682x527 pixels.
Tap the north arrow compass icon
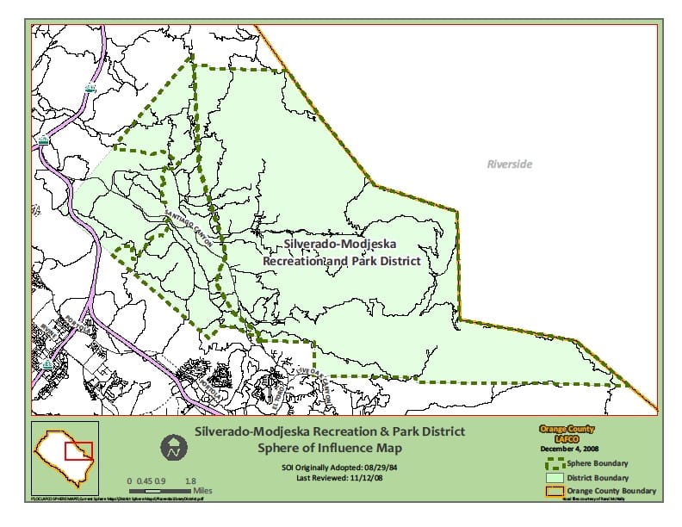point(174,447)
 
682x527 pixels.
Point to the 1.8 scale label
point(190,480)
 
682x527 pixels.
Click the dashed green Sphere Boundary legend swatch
point(555,463)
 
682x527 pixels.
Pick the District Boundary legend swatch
point(555,477)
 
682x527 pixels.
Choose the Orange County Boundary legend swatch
point(555,491)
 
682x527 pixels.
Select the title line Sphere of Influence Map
point(329,448)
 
